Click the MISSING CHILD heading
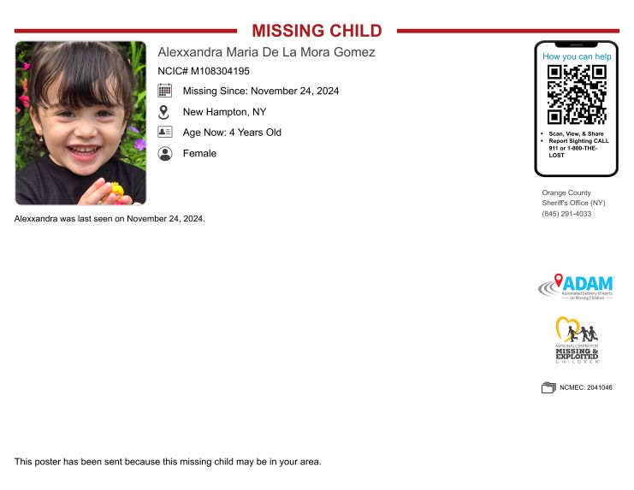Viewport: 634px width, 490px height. tap(317, 31)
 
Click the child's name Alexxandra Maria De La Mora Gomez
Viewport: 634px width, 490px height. tap(266, 52)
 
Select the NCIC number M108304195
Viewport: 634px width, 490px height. tap(204, 71)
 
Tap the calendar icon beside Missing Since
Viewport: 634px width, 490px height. tap(165, 91)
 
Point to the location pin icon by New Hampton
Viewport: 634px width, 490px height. tap(165, 112)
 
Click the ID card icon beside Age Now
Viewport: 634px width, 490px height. tap(165, 133)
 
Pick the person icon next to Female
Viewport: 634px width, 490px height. tap(165, 154)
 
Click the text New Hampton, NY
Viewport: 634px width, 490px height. tap(224, 112)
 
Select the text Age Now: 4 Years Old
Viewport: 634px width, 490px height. tap(232, 133)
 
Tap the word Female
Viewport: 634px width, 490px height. tap(199, 154)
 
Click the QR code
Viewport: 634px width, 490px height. tap(577, 95)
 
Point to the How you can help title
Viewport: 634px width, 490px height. tap(577, 56)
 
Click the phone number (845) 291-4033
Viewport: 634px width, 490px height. tap(566, 214)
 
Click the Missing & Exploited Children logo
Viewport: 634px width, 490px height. tap(577, 340)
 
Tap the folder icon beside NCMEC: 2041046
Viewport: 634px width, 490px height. tap(548, 387)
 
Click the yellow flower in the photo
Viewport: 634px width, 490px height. tap(116, 189)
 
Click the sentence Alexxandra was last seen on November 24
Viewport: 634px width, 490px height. tap(110, 219)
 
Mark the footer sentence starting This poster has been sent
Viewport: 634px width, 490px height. tap(168, 462)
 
